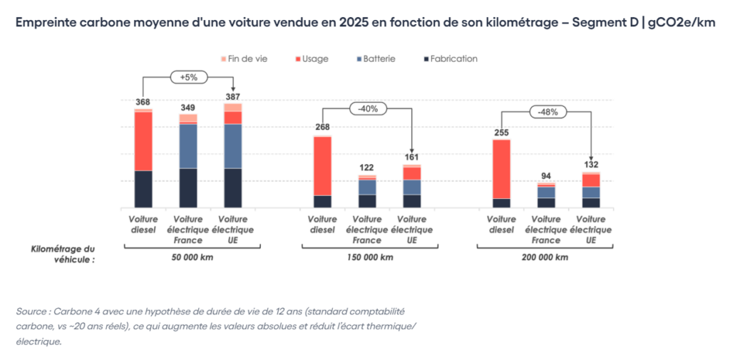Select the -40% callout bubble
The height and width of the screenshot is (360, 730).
[x=368, y=109]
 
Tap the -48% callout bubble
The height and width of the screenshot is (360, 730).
[x=547, y=112]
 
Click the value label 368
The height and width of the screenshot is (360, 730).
[x=143, y=103]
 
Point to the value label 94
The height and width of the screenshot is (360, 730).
[x=545, y=176]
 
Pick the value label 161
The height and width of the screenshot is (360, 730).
[x=411, y=158]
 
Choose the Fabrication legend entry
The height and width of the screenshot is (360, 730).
[x=450, y=58]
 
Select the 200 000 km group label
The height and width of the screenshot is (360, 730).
[x=547, y=257]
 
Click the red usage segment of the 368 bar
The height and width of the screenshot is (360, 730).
[x=143, y=141]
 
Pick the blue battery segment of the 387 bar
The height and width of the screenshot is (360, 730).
[x=233, y=146]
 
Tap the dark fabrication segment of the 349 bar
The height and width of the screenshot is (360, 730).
[x=188, y=187]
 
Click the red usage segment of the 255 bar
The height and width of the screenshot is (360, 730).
[x=501, y=169]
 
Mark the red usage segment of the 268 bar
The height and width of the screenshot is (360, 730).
[x=322, y=166]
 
